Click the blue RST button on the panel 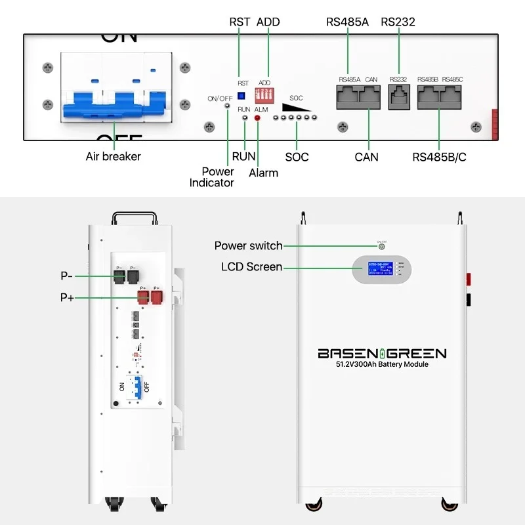click(x=241, y=96)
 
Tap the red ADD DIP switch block click(x=264, y=96)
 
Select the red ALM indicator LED click(x=257, y=118)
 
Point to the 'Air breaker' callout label click(x=113, y=157)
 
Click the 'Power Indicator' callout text click(x=212, y=177)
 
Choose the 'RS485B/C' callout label click(x=439, y=157)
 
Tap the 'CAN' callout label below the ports click(x=366, y=157)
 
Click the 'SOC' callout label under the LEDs click(x=297, y=157)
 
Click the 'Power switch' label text click(x=248, y=246)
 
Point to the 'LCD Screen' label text click(x=252, y=267)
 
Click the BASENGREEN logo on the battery click(x=382, y=354)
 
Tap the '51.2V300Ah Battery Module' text click(x=382, y=364)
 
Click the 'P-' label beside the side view click(x=66, y=276)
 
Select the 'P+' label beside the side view click(x=67, y=298)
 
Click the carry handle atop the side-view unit click(x=133, y=217)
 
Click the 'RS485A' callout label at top click(x=347, y=22)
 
